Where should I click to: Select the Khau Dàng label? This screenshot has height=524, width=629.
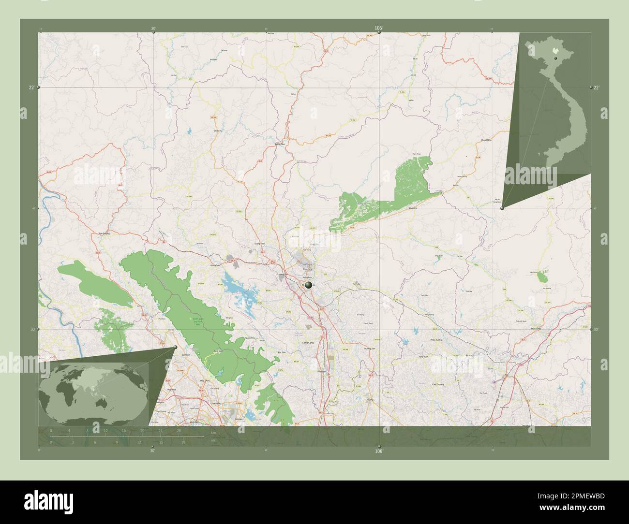tap(485, 140)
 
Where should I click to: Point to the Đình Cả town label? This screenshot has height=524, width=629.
tap(413, 208)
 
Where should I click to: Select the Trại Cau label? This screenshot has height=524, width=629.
tap(357, 284)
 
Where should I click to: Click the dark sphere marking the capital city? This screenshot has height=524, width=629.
tap(308, 286)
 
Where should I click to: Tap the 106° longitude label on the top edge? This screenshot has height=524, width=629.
tap(379, 29)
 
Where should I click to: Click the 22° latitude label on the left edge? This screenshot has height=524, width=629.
tap(31, 87)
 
